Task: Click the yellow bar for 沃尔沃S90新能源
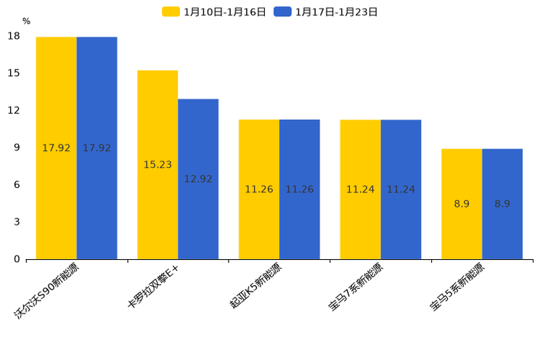click(x=57, y=148)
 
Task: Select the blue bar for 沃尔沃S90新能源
click(x=97, y=148)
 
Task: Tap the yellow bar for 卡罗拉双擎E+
click(x=157, y=165)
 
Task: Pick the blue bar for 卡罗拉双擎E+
click(x=198, y=179)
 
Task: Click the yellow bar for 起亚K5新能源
click(x=259, y=189)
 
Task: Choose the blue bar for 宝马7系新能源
click(x=401, y=189)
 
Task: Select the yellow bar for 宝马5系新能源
click(x=462, y=204)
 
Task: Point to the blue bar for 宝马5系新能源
click(x=502, y=204)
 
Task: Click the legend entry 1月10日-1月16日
click(x=214, y=12)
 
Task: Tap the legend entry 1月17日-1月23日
click(x=326, y=12)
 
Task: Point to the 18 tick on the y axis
click(x=13, y=36)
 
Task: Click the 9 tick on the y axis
click(x=16, y=148)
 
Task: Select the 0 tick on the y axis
click(x=16, y=259)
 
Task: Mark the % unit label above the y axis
click(x=26, y=21)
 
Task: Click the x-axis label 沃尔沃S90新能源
click(x=48, y=292)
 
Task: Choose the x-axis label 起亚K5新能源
click(x=255, y=288)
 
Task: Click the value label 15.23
click(x=157, y=165)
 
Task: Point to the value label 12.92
click(x=198, y=179)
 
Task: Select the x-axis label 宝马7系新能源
click(x=356, y=288)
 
